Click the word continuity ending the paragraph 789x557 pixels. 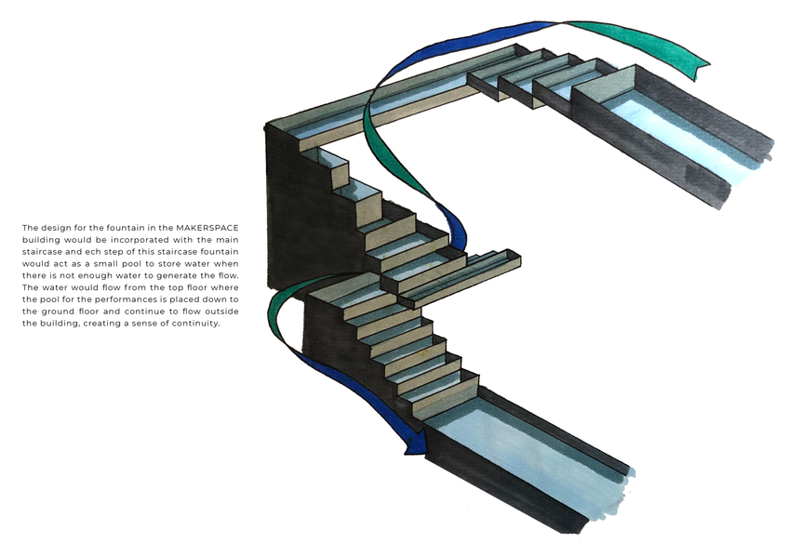pos(193,324)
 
